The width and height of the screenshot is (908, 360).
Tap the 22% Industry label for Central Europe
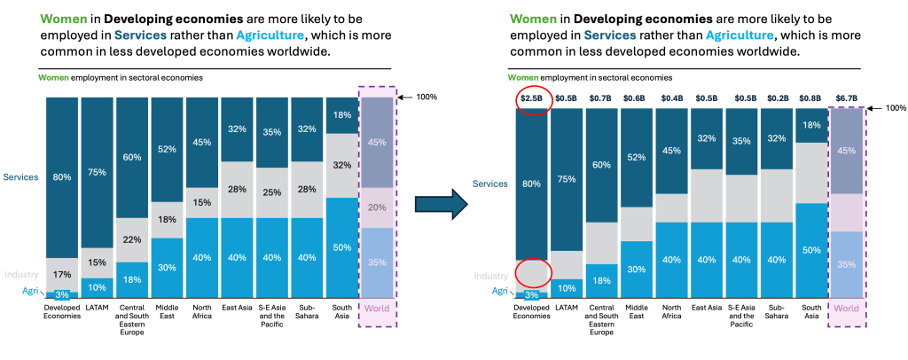click(132, 240)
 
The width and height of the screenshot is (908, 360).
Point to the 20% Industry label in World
click(376, 207)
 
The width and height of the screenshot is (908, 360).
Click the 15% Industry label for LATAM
click(97, 262)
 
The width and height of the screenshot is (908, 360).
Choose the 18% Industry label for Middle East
click(167, 219)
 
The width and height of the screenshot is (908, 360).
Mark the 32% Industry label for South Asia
click(341, 165)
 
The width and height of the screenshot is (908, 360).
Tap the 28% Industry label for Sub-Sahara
click(307, 189)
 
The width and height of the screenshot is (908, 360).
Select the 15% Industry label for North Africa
click(201, 203)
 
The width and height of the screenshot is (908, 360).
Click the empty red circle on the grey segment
click(532, 270)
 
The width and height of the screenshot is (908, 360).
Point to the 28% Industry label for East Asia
click(237, 189)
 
